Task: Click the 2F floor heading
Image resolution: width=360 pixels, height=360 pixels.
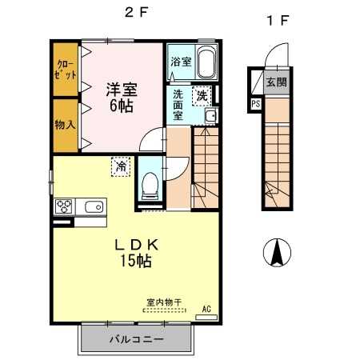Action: coord(137,14)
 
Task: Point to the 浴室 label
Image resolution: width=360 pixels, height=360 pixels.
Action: coord(181,62)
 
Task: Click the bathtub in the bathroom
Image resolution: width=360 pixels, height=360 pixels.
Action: coord(206,62)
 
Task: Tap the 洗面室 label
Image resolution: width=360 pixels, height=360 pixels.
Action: coord(180,105)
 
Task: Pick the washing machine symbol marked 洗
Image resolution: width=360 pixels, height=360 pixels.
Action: coord(203,94)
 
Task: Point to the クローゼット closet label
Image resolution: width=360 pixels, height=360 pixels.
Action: coord(66,69)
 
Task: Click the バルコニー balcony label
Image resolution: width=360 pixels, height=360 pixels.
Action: coord(136,339)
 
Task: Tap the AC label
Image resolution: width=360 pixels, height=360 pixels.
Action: coord(206,308)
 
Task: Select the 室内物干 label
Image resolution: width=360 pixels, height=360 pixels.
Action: coord(163,302)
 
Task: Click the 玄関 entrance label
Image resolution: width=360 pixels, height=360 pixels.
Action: coord(277,82)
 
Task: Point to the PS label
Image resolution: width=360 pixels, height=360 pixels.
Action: coord(255,103)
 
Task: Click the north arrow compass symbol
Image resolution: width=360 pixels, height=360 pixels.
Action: coord(277,254)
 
